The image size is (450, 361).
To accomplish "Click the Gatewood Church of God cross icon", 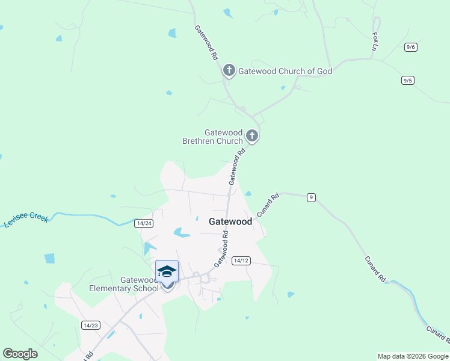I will tap(229, 71).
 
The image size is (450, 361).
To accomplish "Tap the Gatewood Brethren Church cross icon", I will tap(252, 136).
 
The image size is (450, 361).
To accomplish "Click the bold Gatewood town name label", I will tap(230, 221).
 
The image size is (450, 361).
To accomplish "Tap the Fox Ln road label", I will tap(376, 42).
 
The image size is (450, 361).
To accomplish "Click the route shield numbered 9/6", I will tap(411, 47).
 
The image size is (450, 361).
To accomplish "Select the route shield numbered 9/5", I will tap(408, 80).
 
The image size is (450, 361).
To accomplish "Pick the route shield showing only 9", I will tap(311, 197).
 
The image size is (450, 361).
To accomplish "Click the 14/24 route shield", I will tap(144, 223).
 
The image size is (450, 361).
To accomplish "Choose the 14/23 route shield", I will tap(90, 325).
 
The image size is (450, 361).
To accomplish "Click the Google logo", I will tap(20, 354).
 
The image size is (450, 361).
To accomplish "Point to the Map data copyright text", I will tap(413, 356).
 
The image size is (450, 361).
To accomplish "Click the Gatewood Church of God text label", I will tap(285, 71).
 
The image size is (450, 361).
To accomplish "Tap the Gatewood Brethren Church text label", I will tap(212, 137).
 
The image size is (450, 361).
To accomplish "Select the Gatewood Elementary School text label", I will tap(123, 284).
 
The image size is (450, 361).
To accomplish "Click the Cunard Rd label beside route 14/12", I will tap(268, 205).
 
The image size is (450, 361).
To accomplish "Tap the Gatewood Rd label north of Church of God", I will tap(206, 43).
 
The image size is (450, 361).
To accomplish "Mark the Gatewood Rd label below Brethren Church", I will tap(238, 167).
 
